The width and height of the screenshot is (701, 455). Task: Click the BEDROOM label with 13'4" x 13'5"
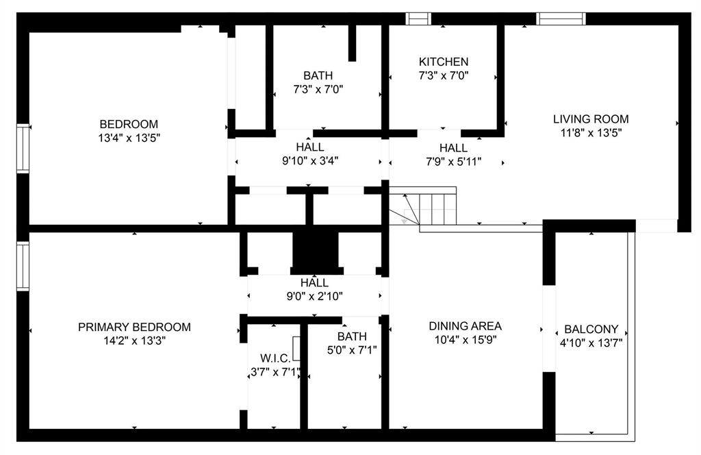(x=129, y=124)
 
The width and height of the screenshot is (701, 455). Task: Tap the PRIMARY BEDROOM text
(x=134, y=327)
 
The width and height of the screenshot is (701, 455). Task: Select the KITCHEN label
(x=444, y=62)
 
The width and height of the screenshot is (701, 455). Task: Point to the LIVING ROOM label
(x=590, y=119)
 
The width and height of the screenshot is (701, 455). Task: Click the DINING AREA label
(x=465, y=326)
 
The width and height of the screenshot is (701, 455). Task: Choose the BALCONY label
(x=591, y=329)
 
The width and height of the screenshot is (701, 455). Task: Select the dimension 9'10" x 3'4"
(x=310, y=161)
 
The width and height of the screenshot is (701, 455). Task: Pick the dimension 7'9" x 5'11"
(x=453, y=162)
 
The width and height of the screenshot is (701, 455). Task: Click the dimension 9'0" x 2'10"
(x=314, y=296)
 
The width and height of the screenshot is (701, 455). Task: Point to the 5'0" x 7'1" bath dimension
(x=351, y=350)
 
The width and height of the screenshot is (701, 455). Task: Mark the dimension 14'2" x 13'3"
(x=134, y=341)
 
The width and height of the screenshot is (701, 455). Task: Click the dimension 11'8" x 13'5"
(x=590, y=133)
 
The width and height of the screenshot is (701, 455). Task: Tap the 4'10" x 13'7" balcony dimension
(x=591, y=343)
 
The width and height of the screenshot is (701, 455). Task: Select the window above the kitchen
(x=418, y=19)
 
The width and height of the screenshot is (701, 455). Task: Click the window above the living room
(x=561, y=19)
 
